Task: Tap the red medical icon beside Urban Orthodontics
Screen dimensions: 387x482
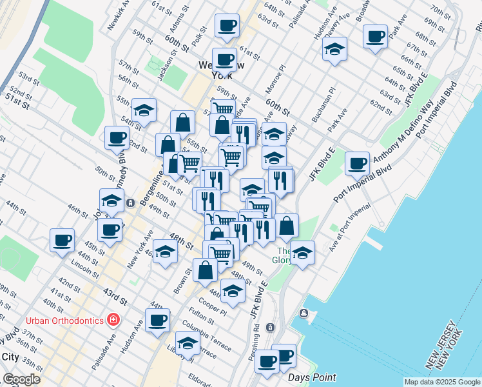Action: [x=113, y=319]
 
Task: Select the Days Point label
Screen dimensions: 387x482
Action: [x=308, y=377]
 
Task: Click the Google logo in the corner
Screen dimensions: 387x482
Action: [x=21, y=379]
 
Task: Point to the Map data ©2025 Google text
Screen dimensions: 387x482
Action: [x=442, y=382]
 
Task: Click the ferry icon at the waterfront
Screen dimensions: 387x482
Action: [x=304, y=315]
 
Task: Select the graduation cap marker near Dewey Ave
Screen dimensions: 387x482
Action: [x=334, y=51]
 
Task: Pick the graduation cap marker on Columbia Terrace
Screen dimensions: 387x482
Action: [x=188, y=342]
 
